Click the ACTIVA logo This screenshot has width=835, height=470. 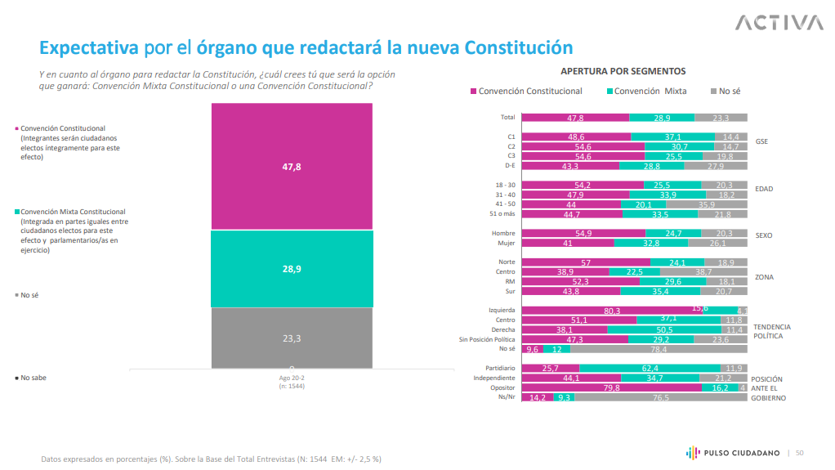point(779,22)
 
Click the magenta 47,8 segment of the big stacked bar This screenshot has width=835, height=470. point(292,166)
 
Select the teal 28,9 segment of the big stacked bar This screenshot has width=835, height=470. point(292,268)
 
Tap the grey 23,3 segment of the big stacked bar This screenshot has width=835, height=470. point(292,338)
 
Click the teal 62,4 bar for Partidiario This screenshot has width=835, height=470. point(650,369)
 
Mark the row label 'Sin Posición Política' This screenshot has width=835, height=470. point(488,339)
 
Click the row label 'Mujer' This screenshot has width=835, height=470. point(506,243)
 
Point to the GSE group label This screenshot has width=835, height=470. point(761,141)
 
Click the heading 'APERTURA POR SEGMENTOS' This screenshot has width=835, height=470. point(623,71)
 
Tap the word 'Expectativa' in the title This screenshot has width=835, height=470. point(90,47)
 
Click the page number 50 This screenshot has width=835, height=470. point(800,453)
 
